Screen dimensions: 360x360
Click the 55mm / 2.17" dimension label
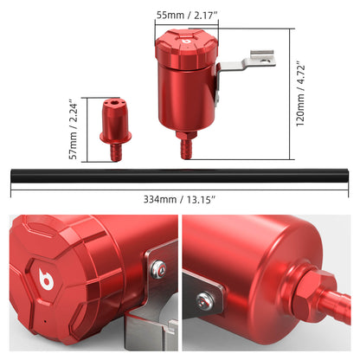coord(186,16)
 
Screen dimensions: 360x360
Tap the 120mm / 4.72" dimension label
coord(300,93)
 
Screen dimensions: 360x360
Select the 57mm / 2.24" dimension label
coord(74,130)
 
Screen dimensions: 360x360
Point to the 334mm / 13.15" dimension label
coord(180,199)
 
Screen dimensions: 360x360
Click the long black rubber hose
coord(179,176)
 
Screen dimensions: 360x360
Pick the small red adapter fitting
coord(116,130)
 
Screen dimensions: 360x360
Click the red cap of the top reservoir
coord(186,49)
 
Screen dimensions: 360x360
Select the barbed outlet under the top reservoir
coord(186,149)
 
